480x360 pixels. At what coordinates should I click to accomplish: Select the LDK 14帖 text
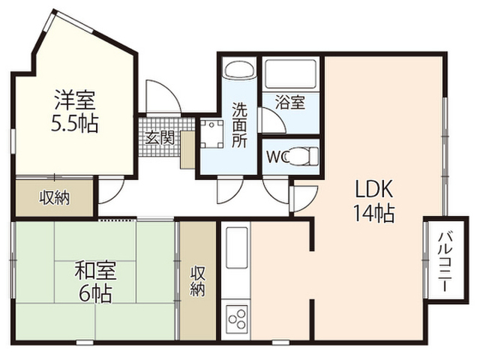[x=373, y=200]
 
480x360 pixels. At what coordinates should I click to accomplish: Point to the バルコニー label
[x=445, y=262]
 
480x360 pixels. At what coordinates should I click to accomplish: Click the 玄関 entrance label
[x=160, y=138]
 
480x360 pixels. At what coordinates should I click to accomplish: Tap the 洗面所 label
[x=240, y=125]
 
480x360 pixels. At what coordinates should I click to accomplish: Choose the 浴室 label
[x=290, y=103]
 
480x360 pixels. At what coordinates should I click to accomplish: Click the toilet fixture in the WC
[x=303, y=157]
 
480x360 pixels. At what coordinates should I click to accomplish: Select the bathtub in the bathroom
[x=290, y=74]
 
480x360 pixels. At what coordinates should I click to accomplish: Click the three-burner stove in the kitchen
[x=236, y=320]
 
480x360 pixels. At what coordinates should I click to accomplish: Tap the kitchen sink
[x=236, y=247]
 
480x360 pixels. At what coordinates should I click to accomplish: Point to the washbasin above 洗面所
[x=240, y=69]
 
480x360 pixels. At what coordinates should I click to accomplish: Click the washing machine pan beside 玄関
[x=211, y=133]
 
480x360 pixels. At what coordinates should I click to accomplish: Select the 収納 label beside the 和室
[x=197, y=281]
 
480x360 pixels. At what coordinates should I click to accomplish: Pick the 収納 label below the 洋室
[x=55, y=198]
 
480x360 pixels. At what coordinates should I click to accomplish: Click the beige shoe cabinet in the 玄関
[x=187, y=150]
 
